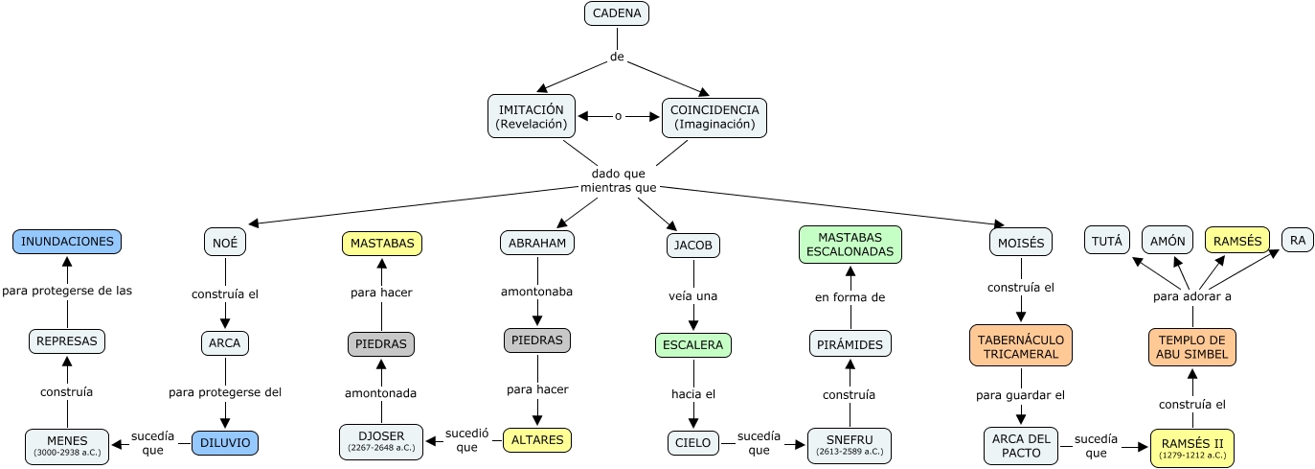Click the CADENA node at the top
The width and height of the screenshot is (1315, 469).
click(x=618, y=13)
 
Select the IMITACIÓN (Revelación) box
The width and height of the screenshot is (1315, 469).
click(x=532, y=116)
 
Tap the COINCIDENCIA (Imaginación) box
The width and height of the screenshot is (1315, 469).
click(x=714, y=116)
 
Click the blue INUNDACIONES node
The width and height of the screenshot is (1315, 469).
click(x=68, y=242)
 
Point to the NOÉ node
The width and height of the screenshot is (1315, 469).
click(x=225, y=243)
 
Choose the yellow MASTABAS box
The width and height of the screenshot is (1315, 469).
click(x=382, y=244)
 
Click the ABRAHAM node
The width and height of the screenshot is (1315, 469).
click(x=537, y=243)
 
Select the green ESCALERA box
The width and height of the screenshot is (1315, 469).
click(x=692, y=345)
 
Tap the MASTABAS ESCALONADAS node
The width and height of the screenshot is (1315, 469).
click(x=850, y=244)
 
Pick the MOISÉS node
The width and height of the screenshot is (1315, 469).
click(x=1021, y=242)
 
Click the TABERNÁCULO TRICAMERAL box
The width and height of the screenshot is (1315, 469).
click(x=1020, y=345)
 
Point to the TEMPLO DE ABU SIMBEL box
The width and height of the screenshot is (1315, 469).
click(x=1192, y=345)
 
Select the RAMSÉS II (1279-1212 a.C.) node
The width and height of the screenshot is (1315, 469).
click(x=1192, y=447)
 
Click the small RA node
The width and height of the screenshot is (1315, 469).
click(x=1298, y=241)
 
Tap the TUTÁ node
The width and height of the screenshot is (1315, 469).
click(x=1107, y=240)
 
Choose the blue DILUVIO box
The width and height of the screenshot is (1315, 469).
click(x=225, y=442)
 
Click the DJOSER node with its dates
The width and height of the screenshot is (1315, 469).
click(x=380, y=441)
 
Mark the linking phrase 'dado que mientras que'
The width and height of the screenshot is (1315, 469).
click(x=619, y=180)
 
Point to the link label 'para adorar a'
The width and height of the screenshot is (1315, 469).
click(x=1192, y=296)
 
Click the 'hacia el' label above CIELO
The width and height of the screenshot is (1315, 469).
click(x=692, y=393)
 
